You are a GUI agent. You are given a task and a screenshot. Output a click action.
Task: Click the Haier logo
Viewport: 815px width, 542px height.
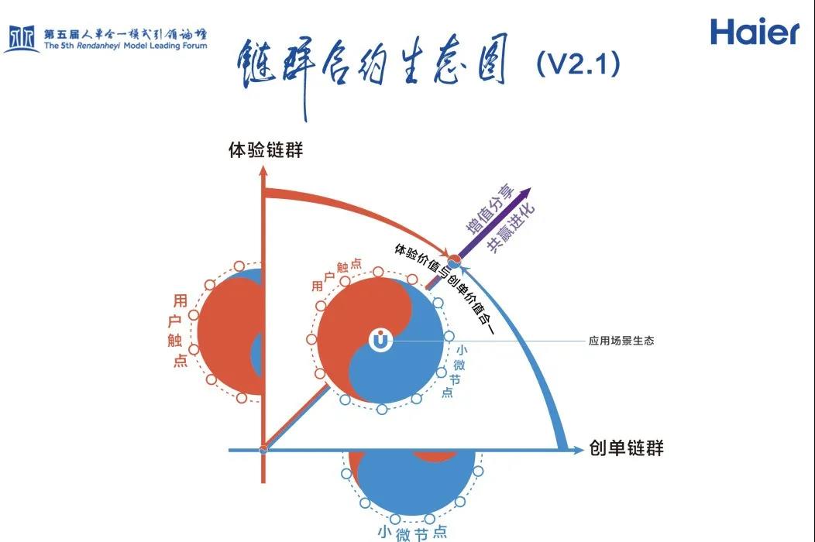pyautogui.click(x=754, y=33)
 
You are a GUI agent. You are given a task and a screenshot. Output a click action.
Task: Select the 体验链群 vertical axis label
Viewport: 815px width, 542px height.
pyautogui.click(x=266, y=150)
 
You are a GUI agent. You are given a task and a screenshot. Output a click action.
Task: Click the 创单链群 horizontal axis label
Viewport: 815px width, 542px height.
pyautogui.click(x=626, y=448)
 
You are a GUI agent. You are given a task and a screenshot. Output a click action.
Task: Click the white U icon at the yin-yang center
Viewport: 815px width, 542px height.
pyautogui.click(x=380, y=340)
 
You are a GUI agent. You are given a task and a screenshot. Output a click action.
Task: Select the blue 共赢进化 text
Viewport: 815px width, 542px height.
pyautogui.click(x=511, y=228)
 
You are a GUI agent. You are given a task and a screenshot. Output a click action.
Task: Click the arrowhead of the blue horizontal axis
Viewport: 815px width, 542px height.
pyautogui.click(x=575, y=448)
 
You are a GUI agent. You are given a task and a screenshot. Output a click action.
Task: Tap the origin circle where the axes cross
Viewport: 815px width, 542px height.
pyautogui.click(x=263, y=448)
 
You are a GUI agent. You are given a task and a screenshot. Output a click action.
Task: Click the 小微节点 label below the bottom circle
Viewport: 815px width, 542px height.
pyautogui.click(x=411, y=532)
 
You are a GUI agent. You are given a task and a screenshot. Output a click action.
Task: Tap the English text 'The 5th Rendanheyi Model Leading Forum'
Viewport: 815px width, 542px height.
pyautogui.click(x=126, y=46)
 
